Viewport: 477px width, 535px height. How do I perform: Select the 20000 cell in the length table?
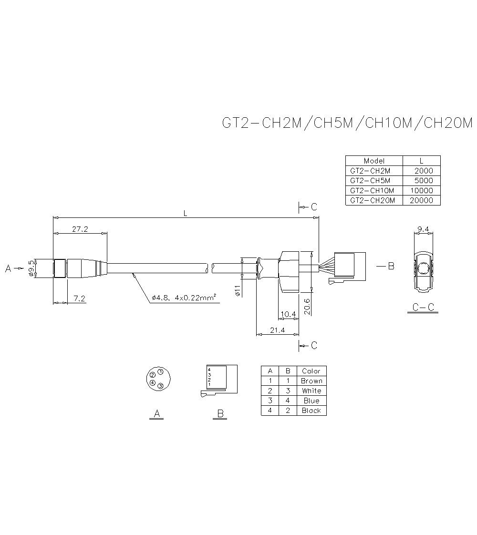(422, 200)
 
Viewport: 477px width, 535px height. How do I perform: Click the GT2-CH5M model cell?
(370, 181)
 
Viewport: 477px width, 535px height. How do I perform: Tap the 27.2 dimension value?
(80, 229)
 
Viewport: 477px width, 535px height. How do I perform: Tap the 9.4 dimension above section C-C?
(423, 229)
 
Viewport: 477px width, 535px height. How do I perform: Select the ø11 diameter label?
(238, 290)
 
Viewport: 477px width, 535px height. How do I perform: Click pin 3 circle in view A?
(161, 385)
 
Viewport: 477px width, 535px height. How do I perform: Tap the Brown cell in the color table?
(311, 381)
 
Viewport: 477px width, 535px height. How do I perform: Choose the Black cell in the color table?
(311, 411)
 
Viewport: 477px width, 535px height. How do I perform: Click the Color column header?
(311, 371)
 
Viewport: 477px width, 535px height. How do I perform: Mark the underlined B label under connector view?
(220, 414)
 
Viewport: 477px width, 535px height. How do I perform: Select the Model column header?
(374, 161)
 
